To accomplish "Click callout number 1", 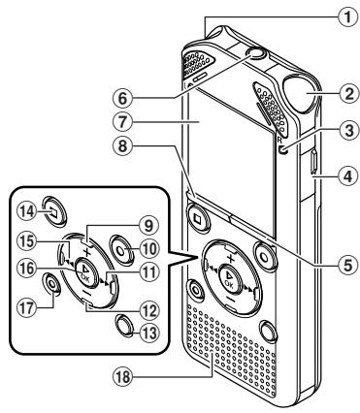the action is pos(347,16).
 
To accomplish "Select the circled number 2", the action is pos(348,94).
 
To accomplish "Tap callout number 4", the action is pos(348,176).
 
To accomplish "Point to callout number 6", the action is pos(122,98).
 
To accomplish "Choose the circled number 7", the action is pos(122,122).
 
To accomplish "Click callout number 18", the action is pos(123,376).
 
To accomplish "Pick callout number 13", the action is pos(148,333).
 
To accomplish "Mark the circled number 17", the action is pos(27,307).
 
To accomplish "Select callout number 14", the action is pos(26,212).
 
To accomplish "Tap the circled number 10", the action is pos(148,249).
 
